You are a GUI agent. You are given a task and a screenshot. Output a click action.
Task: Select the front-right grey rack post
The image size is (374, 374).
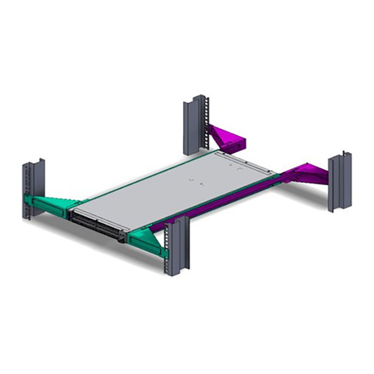point(177,246)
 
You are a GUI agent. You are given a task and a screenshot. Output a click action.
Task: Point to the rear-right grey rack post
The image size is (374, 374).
point(339,182)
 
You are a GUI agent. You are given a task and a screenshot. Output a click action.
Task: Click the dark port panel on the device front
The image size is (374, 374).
point(96,224)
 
